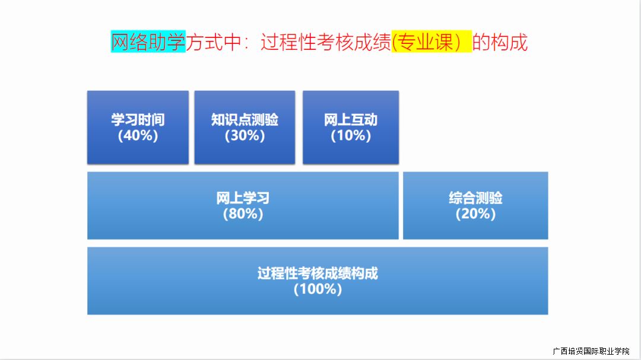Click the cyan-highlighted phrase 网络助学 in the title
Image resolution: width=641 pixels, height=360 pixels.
148,42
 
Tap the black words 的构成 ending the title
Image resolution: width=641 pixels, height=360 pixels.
500,42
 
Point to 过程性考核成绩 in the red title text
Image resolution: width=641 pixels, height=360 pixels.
326,42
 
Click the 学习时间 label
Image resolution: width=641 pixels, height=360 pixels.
138,120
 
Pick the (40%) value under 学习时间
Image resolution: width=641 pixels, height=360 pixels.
138,135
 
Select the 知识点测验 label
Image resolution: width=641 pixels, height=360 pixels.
245,120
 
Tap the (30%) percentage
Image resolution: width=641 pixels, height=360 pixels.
245,135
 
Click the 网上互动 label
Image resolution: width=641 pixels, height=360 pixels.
351,120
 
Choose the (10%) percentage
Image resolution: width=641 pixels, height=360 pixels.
351,135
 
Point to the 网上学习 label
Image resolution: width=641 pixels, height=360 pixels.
243,198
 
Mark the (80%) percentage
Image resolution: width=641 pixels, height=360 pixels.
243,214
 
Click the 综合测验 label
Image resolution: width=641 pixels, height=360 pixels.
475,198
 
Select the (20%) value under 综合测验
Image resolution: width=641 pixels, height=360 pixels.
475,214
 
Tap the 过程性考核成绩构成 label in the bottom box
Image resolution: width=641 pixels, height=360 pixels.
318,273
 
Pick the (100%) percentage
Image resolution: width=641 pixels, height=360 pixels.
318,289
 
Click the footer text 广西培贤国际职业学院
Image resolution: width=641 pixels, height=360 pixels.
591,351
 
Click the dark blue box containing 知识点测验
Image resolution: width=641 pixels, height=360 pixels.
245,128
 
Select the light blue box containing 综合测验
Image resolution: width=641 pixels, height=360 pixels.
475,206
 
